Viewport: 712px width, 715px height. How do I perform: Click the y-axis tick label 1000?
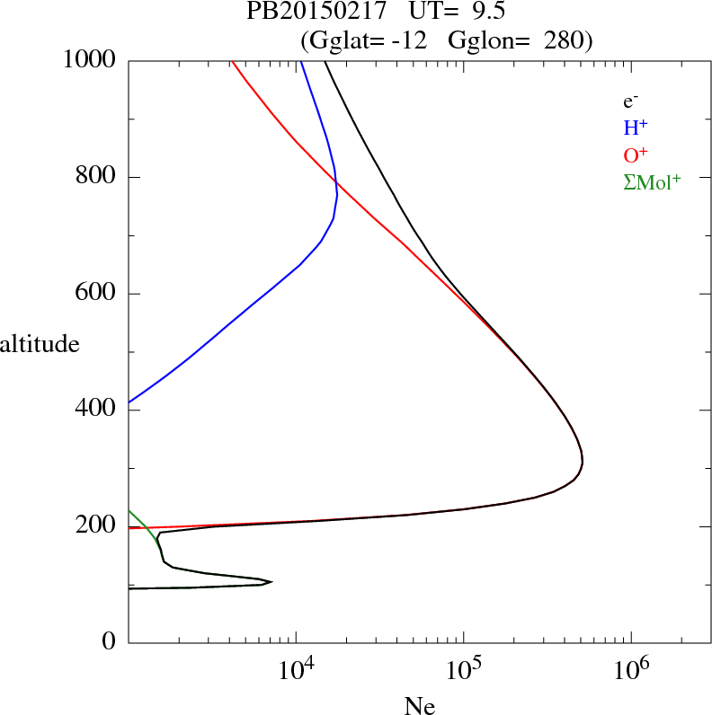(x=90, y=60)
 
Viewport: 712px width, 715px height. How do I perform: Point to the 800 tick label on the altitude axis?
(x=97, y=177)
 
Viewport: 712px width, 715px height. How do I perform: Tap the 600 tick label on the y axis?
(x=97, y=294)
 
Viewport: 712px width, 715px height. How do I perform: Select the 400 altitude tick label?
(x=97, y=410)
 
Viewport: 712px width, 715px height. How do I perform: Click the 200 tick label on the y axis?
(x=97, y=526)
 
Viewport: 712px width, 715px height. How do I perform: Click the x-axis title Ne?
(x=420, y=706)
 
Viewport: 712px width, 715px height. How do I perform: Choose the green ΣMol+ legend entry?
(x=652, y=182)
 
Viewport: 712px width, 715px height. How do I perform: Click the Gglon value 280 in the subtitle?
(x=565, y=40)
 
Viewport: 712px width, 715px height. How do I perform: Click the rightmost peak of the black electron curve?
(x=583, y=462)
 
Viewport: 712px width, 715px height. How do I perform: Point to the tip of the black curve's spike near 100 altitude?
(x=271, y=581)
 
